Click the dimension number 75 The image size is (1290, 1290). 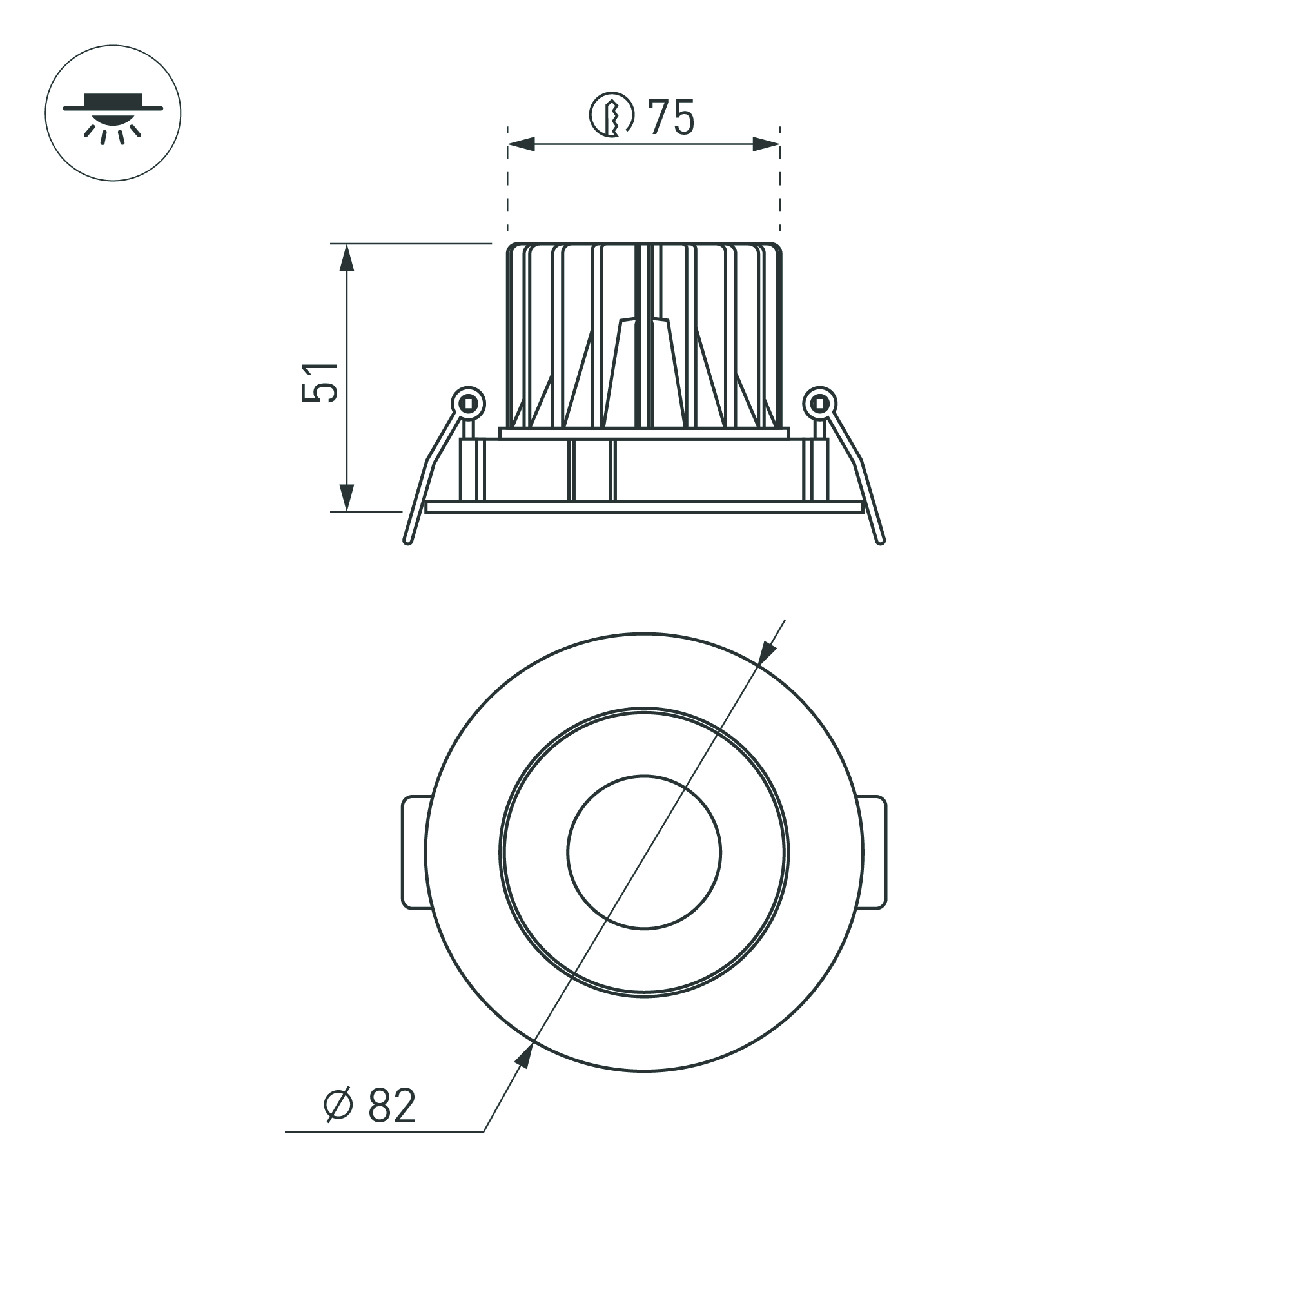click(671, 117)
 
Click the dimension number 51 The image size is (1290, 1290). click(320, 382)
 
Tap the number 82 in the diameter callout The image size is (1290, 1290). click(392, 1106)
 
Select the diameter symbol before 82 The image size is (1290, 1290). click(338, 1105)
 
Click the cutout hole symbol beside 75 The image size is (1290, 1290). click(611, 115)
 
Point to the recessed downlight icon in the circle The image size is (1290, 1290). click(113, 113)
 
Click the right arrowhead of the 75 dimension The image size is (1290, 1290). click(766, 144)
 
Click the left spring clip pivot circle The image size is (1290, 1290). click(468, 404)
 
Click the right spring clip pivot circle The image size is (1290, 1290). click(820, 404)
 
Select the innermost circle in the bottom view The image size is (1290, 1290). click(644, 852)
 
